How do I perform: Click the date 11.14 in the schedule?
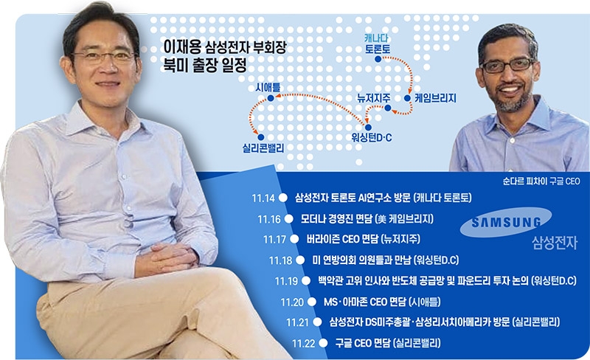click(263, 198)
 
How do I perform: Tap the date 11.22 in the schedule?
click(303, 343)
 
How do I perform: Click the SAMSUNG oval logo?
click(501, 224)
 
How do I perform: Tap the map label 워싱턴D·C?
click(373, 137)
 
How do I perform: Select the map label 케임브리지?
click(435, 97)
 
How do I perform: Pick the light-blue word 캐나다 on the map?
click(377, 36)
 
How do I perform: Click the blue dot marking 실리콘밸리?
click(260, 136)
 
